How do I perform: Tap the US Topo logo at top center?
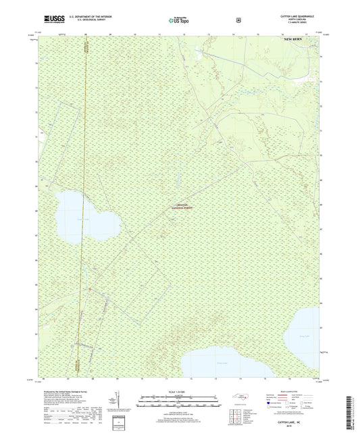(179, 21)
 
